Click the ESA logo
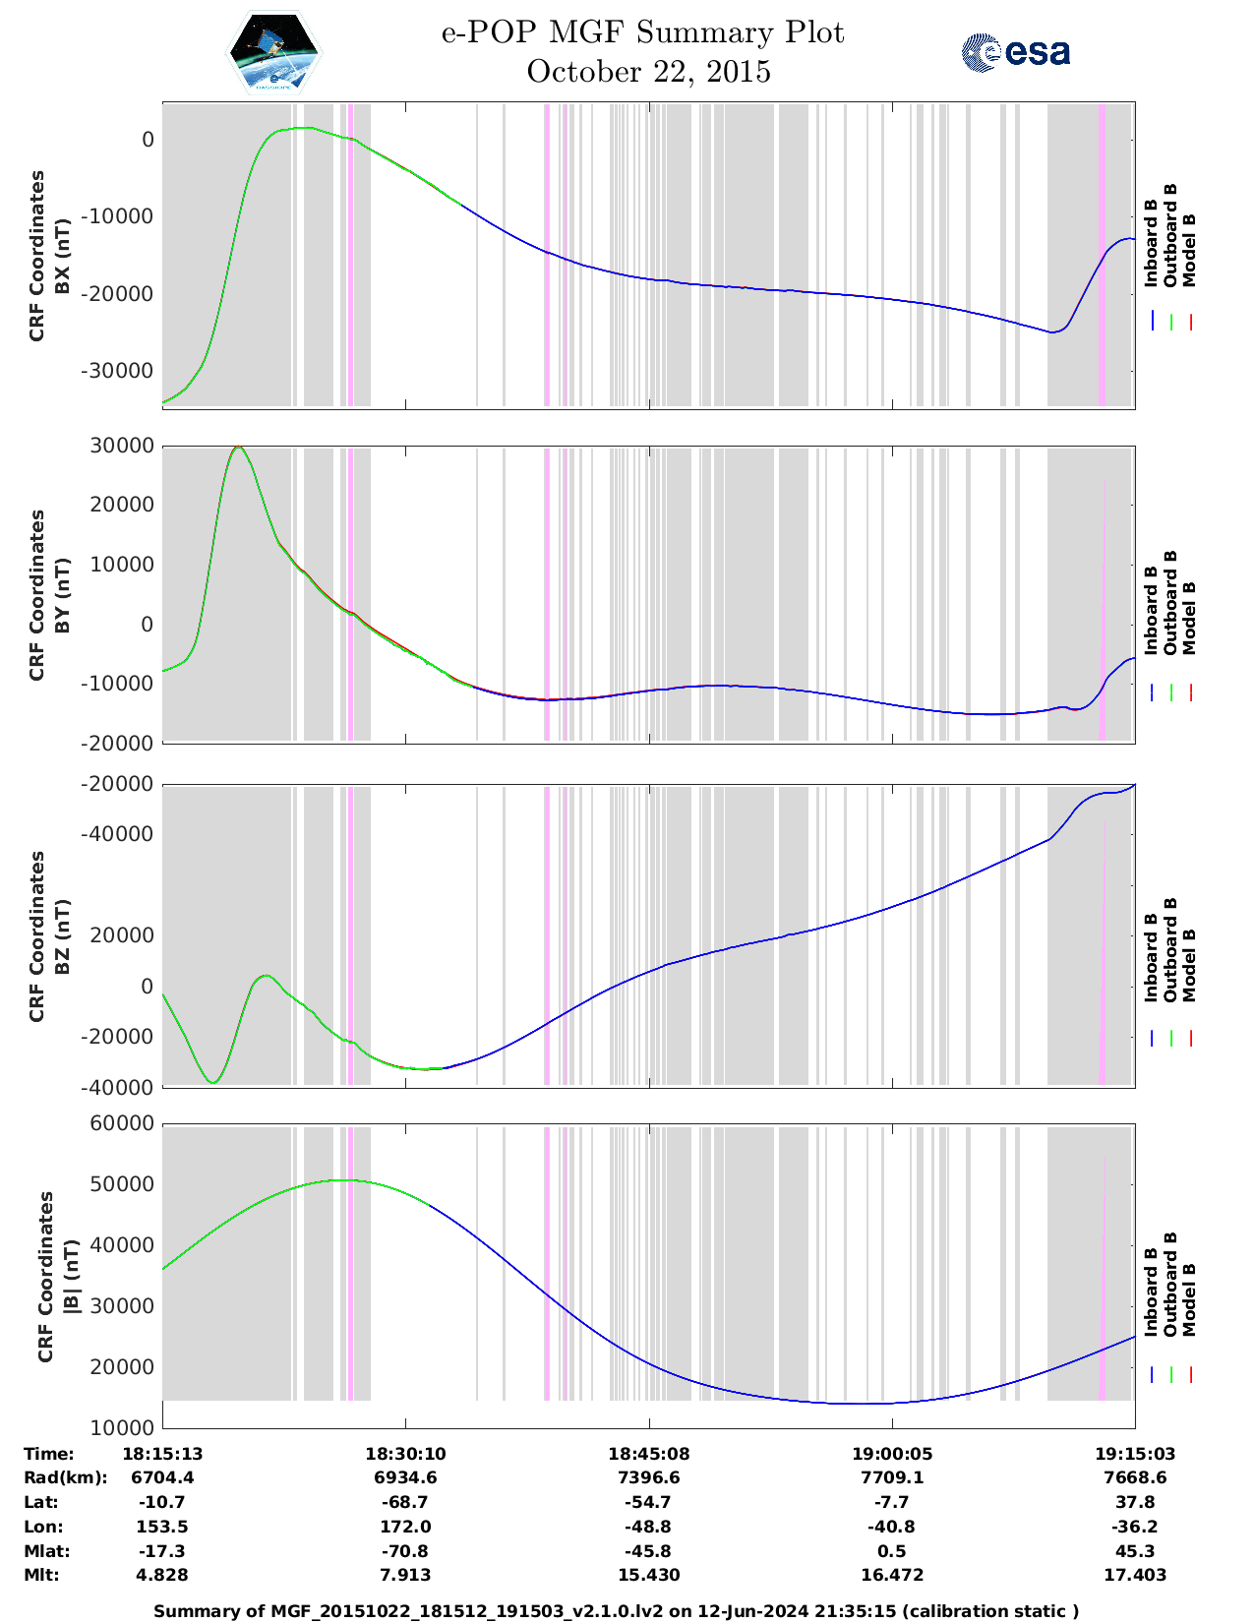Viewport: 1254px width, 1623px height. pos(1016,52)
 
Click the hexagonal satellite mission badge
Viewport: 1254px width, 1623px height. pos(274,52)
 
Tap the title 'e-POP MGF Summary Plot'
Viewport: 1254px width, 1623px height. pos(642,32)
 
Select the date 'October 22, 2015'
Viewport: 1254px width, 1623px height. pos(648,72)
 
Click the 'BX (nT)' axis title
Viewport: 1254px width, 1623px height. pos(62,256)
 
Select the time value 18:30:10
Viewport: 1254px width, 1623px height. pos(405,1454)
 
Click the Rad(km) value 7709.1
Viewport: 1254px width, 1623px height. pos(892,1477)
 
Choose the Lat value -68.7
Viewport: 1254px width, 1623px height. pos(405,1502)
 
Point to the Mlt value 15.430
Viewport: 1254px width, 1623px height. pos(648,1575)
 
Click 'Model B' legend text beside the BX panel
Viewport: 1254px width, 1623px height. pos(1189,250)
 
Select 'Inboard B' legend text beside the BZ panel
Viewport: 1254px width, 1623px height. pos(1151,958)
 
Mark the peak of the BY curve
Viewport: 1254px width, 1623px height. pos(237,447)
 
